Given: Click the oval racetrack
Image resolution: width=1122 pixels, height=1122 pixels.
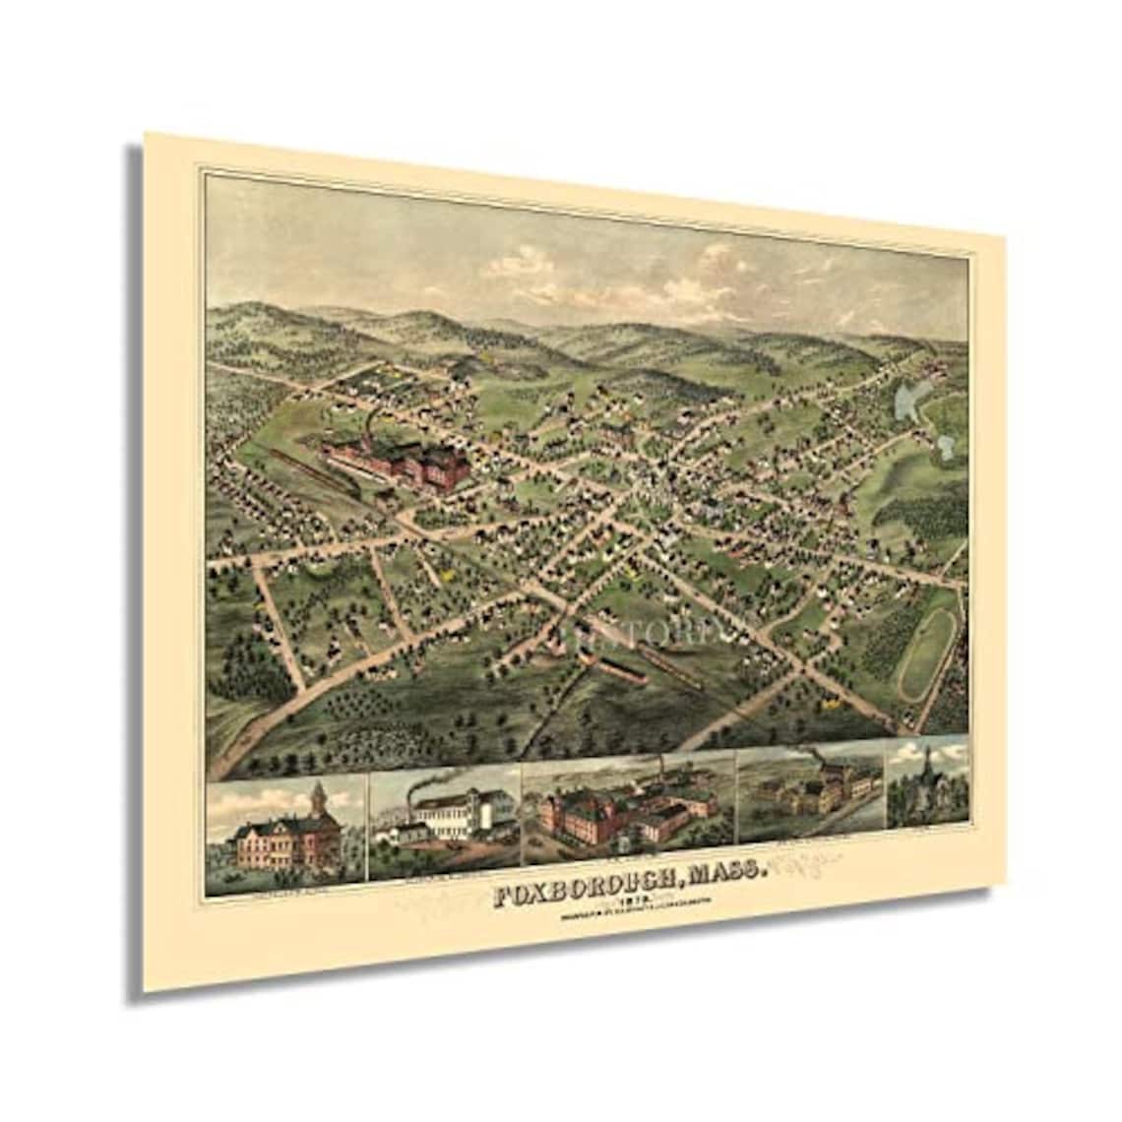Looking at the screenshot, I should (927, 651).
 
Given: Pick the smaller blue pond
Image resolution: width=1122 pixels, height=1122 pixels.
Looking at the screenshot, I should (945, 448).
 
